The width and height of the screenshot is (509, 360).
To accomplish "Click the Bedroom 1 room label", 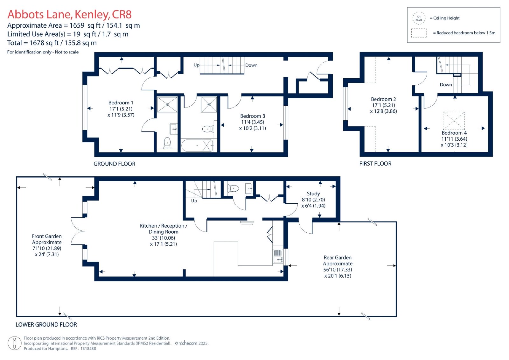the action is point(121,102).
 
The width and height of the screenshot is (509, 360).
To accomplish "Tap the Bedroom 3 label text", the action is point(253,116).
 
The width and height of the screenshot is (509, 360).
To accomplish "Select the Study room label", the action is point(313,194).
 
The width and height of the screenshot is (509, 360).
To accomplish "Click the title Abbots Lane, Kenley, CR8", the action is point(70,14).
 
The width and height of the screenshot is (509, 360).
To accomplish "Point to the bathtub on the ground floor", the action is point(197,145).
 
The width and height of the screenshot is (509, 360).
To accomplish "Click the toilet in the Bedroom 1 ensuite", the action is point(167,143).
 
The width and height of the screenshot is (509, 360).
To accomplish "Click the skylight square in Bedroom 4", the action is point(454,121).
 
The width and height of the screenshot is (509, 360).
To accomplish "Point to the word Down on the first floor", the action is point(446,85).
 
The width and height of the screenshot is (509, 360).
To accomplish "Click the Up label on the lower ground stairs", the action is point(194,201).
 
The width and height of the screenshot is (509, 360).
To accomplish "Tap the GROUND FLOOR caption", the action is point(114,164).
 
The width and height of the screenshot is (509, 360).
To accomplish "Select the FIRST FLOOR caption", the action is point(375,164).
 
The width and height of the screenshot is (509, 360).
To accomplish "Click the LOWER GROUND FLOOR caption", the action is point(46,325).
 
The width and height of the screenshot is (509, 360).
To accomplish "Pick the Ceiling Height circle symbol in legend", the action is point(419,18).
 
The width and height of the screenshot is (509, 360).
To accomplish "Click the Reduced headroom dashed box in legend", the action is point(419,33).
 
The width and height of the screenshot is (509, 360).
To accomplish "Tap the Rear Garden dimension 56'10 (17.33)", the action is point(338,270).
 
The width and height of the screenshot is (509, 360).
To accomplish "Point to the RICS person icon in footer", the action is point(15,343).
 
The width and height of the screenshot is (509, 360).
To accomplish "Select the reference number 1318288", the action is point(88,349).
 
